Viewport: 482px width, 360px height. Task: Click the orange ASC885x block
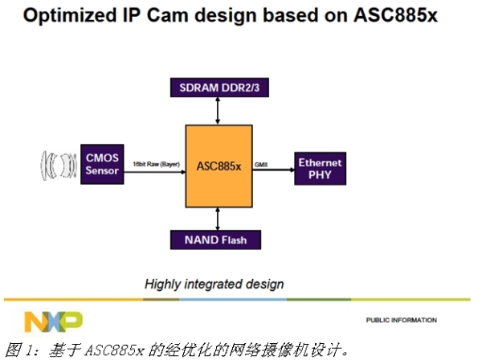tap(219, 166)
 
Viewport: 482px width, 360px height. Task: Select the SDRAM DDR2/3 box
tap(218, 87)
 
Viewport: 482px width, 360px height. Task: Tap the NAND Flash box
tap(218, 239)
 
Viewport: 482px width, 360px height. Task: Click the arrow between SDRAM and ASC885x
tap(218, 111)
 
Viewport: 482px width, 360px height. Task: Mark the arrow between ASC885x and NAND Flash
tap(218, 217)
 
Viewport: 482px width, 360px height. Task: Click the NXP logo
tap(53, 321)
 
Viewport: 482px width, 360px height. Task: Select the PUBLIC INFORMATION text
tap(401, 321)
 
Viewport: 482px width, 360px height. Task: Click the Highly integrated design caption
tap(214, 284)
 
